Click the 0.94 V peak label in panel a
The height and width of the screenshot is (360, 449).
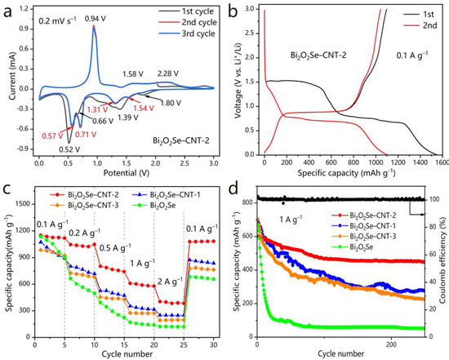95,19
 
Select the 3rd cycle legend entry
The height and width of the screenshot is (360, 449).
187,33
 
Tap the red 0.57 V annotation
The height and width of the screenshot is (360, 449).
52,136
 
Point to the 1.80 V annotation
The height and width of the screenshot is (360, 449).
171,103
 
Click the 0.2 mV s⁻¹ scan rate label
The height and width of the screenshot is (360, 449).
58,20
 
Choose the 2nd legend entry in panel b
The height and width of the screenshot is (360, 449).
420,25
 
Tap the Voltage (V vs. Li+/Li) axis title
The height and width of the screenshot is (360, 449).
238,81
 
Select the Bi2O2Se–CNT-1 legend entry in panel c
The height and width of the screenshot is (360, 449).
171,195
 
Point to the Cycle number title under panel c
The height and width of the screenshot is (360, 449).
127,353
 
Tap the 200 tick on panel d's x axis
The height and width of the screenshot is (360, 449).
391,344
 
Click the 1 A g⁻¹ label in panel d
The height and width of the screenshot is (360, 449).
291,220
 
